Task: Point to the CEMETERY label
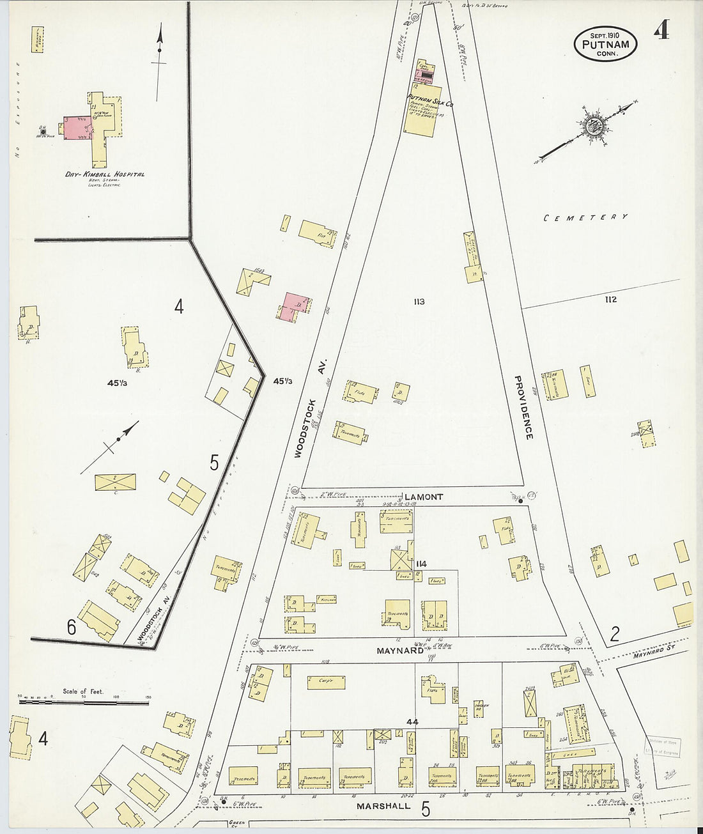pyautogui.click(x=585, y=217)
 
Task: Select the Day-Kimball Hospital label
pyautogui.click(x=105, y=174)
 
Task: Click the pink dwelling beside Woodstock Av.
pyautogui.click(x=293, y=304)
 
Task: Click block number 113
pyautogui.click(x=419, y=302)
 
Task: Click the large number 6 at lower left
pyautogui.click(x=71, y=628)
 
